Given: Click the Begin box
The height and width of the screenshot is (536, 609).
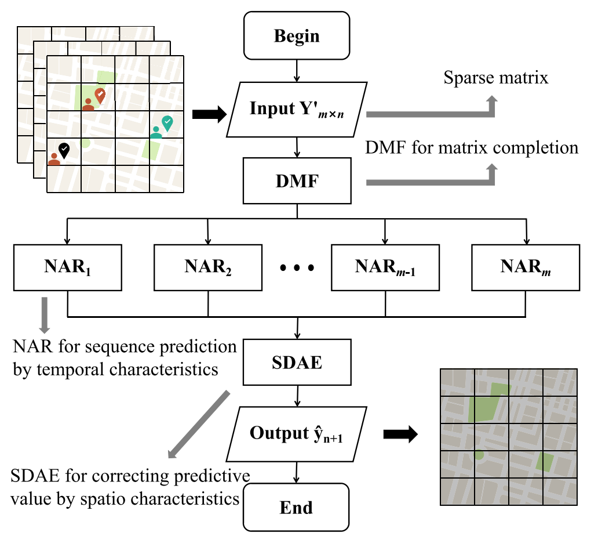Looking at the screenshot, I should (x=297, y=36).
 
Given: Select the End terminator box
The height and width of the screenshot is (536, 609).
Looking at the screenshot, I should (x=296, y=508).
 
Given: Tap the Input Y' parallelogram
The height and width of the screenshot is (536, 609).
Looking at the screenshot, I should (x=297, y=109).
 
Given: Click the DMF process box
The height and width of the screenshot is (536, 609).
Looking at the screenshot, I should (x=297, y=182).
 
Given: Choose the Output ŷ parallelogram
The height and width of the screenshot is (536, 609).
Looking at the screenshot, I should (x=297, y=433).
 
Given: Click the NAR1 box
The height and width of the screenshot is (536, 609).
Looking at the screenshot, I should (x=68, y=267).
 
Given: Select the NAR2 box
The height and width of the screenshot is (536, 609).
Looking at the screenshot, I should (x=208, y=267).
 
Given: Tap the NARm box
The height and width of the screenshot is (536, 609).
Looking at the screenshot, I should (x=526, y=267).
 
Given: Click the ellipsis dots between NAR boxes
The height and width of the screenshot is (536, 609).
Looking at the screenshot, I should (x=297, y=268).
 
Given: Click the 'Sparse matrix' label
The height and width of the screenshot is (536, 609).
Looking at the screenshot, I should (x=495, y=78).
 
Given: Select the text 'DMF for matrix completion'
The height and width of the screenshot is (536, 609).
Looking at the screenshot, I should (x=472, y=147).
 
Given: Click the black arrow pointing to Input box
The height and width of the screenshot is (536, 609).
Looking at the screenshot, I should (x=209, y=115).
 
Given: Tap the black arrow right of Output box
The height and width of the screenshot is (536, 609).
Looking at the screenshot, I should (x=401, y=434).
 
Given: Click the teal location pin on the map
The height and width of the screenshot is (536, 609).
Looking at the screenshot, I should (x=167, y=122).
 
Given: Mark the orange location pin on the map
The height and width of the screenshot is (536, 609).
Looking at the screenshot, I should (x=100, y=96).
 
